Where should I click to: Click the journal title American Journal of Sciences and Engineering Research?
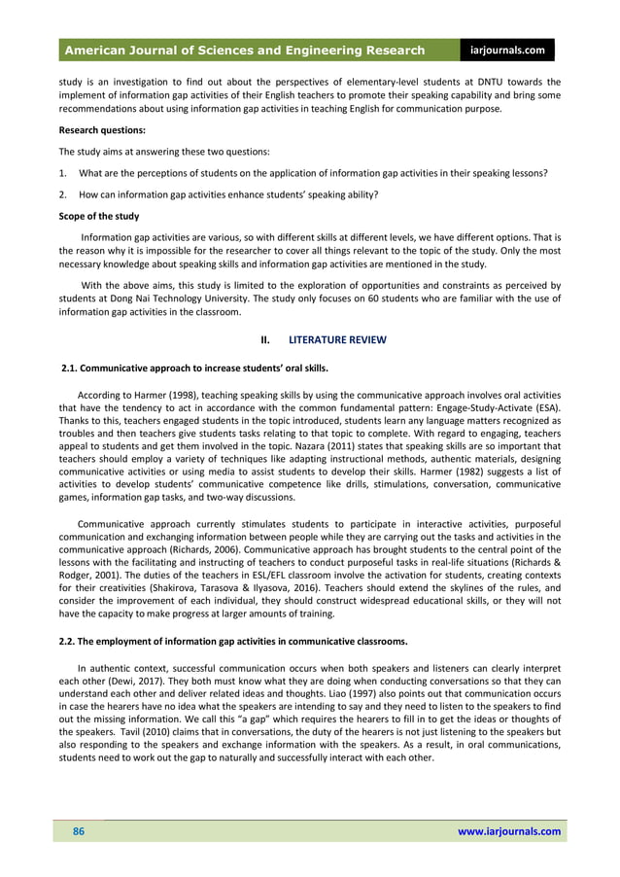tap(245, 51)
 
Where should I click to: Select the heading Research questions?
tap(102, 129)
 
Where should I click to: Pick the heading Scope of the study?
tap(98, 216)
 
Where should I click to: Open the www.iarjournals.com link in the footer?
tap(508, 831)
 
